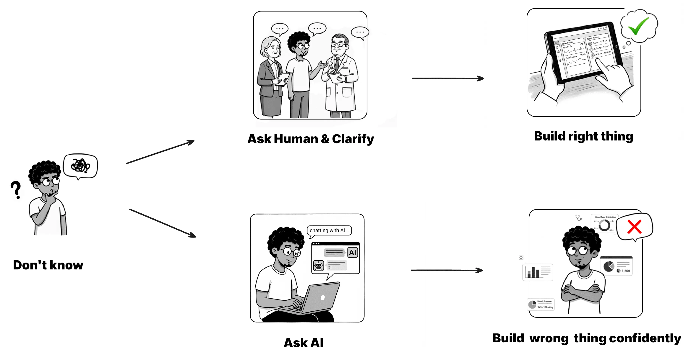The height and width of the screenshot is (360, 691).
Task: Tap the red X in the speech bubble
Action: click(x=634, y=227)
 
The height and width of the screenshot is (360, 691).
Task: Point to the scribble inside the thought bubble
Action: click(x=80, y=165)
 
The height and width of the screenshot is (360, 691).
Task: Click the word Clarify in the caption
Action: click(x=353, y=139)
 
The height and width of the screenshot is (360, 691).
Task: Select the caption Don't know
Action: click(x=48, y=265)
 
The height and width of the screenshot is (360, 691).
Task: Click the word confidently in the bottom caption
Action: click(x=645, y=338)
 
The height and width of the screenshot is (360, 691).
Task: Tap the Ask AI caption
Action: click(x=303, y=343)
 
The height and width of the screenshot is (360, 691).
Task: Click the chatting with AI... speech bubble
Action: click(x=329, y=230)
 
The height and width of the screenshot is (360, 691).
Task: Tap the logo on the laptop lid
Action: click(x=323, y=297)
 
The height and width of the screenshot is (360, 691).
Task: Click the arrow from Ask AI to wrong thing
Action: click(x=447, y=270)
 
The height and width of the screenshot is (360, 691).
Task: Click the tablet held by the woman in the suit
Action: click(x=283, y=78)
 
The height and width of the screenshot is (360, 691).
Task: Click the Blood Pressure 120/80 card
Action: click(x=541, y=304)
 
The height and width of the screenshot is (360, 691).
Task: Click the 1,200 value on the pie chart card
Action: click(x=625, y=271)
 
